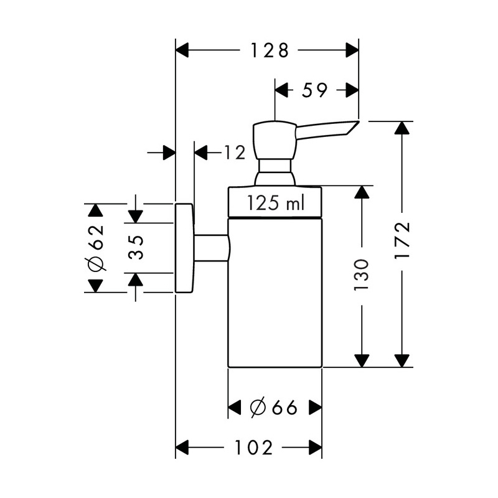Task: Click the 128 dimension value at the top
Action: (x=270, y=50)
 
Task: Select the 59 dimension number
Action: (x=314, y=90)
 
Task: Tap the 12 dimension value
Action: (x=235, y=153)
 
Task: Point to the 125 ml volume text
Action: (x=276, y=203)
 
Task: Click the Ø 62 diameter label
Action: (x=96, y=248)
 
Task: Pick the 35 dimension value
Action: (x=136, y=248)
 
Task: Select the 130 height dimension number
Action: (x=362, y=274)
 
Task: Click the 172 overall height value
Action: (x=402, y=240)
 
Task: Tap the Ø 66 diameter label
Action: (x=273, y=407)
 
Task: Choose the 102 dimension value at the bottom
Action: (x=253, y=448)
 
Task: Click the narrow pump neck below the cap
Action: (x=275, y=166)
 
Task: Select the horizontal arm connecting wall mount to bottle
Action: (x=211, y=248)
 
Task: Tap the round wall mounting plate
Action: (x=184, y=248)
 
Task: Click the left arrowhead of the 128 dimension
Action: (x=182, y=50)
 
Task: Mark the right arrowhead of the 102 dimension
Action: (x=316, y=448)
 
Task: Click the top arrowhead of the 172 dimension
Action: (x=402, y=128)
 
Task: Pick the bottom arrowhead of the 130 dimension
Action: (x=362, y=361)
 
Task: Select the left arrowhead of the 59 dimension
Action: (x=281, y=90)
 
